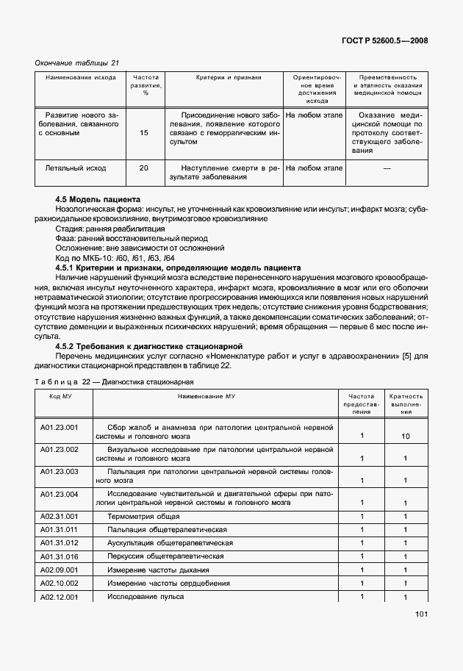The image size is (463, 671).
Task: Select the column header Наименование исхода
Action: pyautogui.click(x=80, y=77)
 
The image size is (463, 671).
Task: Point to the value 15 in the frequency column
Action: pyautogui.click(x=143, y=133)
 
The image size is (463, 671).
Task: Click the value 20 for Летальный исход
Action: pyautogui.click(x=143, y=168)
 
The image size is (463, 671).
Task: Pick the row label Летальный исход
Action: pyautogui.click(x=76, y=168)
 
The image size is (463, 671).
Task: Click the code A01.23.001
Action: pyautogui.click(x=59, y=426)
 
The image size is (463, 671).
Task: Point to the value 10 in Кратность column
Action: pyautogui.click(x=406, y=437)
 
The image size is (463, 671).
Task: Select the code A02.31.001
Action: pyautogui.click(x=59, y=517)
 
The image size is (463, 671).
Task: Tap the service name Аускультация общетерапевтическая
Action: pyautogui.click(x=170, y=543)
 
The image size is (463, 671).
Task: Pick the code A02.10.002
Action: pyautogui.click(x=59, y=583)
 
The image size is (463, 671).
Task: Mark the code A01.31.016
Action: pyautogui.click(x=59, y=556)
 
